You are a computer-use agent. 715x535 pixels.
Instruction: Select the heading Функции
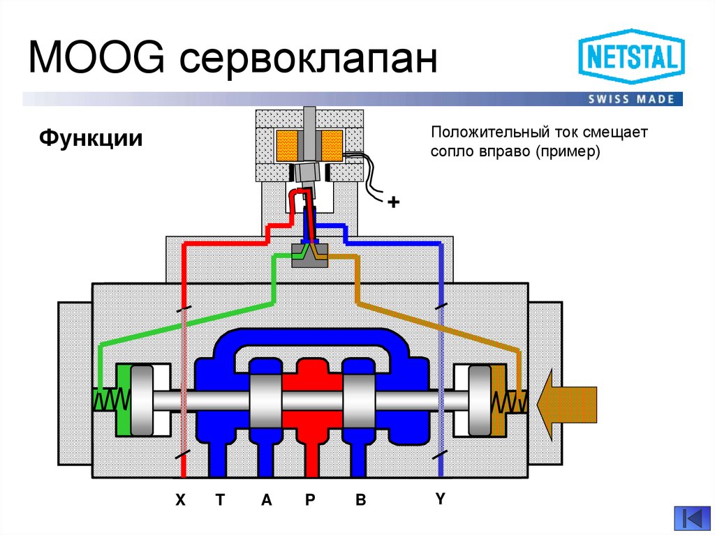91,137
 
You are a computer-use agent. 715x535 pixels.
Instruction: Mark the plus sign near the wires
394,203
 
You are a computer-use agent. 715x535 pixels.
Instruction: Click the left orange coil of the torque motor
287,144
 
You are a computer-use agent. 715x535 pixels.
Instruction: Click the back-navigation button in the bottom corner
692,518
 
